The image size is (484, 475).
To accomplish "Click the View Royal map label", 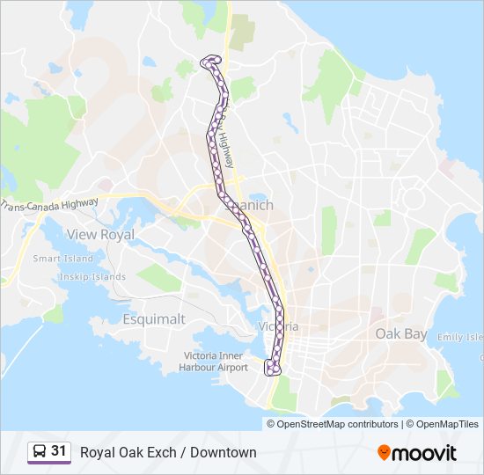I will [101, 235].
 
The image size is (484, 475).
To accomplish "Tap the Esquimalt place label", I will [154, 319].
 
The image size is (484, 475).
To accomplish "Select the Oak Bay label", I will [401, 333].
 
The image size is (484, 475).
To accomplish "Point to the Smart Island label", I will [63, 259].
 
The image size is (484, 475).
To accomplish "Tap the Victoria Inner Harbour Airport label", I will [215, 362].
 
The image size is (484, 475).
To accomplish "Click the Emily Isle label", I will [461, 337].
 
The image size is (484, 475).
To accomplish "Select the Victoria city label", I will [280, 326].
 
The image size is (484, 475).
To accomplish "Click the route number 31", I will [59, 451].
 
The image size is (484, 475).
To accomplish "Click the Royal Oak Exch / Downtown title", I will [168, 452].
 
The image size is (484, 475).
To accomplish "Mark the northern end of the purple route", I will [209, 61].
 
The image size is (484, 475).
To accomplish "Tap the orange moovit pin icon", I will [384, 453].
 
